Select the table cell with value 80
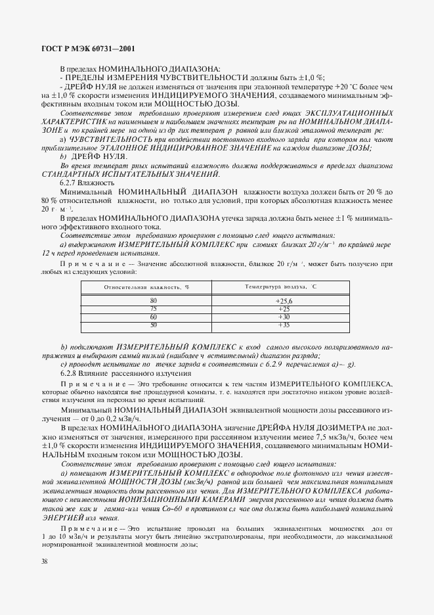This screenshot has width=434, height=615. pos(154,300)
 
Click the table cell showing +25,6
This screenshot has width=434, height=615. pos(283,300)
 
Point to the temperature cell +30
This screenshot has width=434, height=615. pos(283,317)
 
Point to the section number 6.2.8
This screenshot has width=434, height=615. pos(69,373)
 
